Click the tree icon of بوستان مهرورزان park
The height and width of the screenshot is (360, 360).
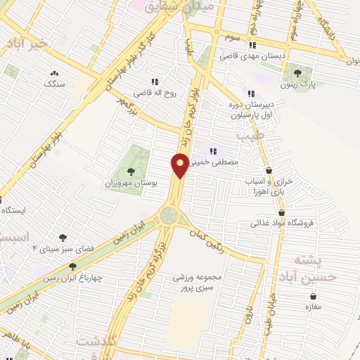(130, 171)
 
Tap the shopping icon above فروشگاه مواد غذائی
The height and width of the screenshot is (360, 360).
(281, 212)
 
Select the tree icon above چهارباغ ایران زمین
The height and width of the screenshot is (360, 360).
(72, 266)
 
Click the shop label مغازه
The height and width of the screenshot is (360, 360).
(311, 307)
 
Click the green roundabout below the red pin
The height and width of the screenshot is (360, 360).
(169, 216)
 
